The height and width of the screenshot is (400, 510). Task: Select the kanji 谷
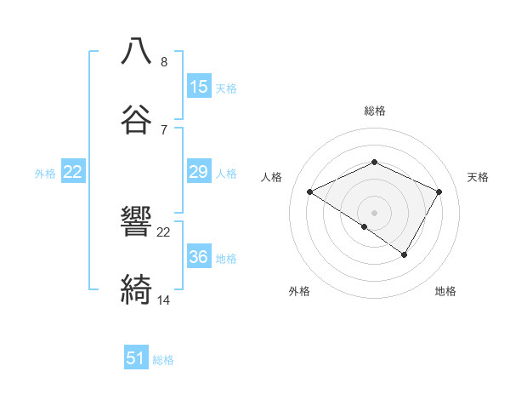pyautogui.click(x=136, y=118)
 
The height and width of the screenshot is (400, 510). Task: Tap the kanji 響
pyautogui.click(x=136, y=220)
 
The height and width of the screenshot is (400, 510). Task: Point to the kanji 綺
pyautogui.click(x=136, y=289)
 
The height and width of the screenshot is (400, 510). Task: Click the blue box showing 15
pyautogui.click(x=199, y=87)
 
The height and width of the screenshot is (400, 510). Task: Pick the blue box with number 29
pyautogui.click(x=199, y=172)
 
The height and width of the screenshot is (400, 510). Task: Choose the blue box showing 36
pyautogui.click(x=199, y=257)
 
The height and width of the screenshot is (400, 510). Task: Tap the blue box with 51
pyautogui.click(x=136, y=358)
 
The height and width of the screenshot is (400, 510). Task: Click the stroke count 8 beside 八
pyautogui.click(x=163, y=61)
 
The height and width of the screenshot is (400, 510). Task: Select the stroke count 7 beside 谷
pyautogui.click(x=163, y=129)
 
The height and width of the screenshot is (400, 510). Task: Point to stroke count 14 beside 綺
pyautogui.click(x=164, y=300)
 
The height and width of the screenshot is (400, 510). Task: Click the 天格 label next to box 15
pyautogui.click(x=225, y=88)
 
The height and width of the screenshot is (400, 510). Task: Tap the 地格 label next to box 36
pyautogui.click(x=225, y=258)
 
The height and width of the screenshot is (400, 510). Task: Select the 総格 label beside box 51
pyautogui.click(x=163, y=360)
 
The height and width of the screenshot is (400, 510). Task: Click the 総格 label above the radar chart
pyautogui.click(x=374, y=111)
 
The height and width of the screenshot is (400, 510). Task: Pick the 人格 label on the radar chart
pyautogui.click(x=272, y=177)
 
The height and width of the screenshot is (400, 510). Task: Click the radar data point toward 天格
pyautogui.click(x=439, y=191)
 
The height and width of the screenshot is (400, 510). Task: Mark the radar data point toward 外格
pyautogui.click(x=365, y=226)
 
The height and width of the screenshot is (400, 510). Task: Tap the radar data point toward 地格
pyautogui.click(x=405, y=254)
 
